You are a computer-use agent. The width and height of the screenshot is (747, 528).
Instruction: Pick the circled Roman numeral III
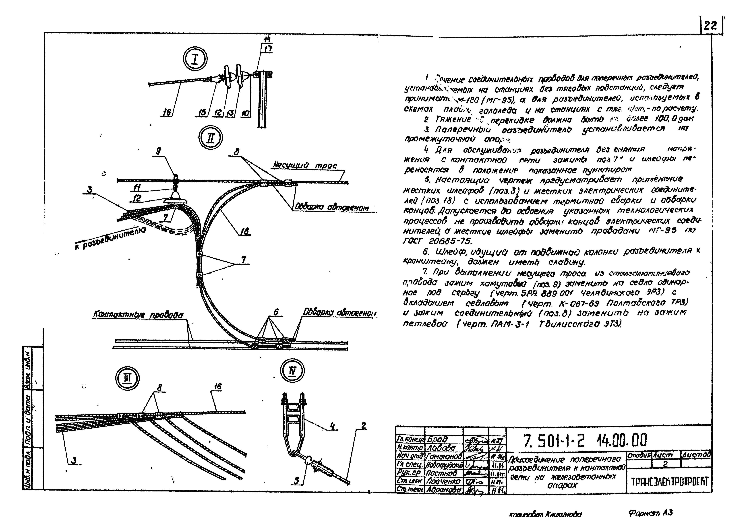(x=127, y=378)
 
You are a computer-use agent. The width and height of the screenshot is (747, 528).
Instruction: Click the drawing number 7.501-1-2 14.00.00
(x=585, y=441)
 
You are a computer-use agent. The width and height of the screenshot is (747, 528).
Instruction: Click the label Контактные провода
(x=138, y=315)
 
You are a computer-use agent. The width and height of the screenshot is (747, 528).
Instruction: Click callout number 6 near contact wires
(x=276, y=312)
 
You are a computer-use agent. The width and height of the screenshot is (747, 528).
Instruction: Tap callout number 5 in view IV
(x=296, y=481)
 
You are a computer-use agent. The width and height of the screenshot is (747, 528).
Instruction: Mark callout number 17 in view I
(x=268, y=49)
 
